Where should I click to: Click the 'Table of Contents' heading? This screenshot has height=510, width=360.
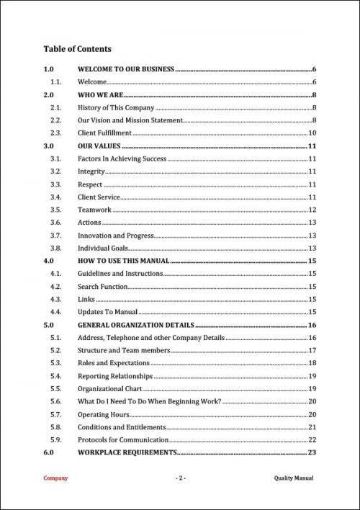point(77,49)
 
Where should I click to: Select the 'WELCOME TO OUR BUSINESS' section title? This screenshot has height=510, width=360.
point(126,69)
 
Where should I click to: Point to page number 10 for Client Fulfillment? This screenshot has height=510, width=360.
point(312,133)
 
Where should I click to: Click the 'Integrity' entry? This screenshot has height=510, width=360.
point(91,171)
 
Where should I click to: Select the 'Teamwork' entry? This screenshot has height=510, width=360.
point(94,210)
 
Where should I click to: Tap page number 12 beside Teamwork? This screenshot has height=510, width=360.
point(312,210)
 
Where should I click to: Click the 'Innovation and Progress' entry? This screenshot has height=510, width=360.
point(115,236)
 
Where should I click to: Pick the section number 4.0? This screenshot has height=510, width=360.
point(49,261)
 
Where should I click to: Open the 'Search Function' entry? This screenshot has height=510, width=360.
point(103,287)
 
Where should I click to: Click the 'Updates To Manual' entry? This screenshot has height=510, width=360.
point(107,312)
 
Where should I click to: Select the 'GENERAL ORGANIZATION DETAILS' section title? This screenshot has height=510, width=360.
point(136,325)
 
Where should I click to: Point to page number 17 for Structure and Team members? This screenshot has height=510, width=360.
point(312,350)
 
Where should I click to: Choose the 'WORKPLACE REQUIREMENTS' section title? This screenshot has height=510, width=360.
point(127,452)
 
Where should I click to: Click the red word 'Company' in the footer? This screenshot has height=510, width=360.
point(55,478)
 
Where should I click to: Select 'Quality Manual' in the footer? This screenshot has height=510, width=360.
point(294,478)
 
